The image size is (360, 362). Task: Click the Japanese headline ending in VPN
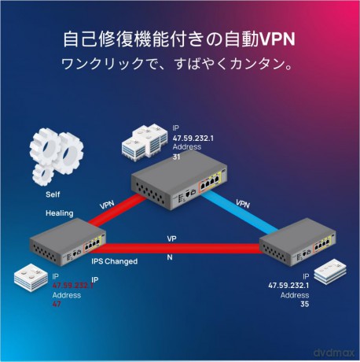[x=179, y=39]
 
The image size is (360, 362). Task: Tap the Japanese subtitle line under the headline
[x=177, y=65]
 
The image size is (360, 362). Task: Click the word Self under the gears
[x=53, y=194]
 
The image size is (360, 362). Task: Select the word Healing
[x=60, y=213]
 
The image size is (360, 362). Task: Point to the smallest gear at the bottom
[x=43, y=175]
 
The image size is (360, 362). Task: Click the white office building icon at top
[x=145, y=143]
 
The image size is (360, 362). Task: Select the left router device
[x=68, y=243]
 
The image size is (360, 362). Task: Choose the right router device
[x=297, y=247]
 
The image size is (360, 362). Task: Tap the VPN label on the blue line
[x=243, y=204]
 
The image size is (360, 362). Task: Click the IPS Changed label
[x=114, y=261]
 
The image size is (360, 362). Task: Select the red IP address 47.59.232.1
[x=73, y=285]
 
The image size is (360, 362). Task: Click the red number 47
[x=57, y=304]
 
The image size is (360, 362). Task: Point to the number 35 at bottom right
[x=305, y=305]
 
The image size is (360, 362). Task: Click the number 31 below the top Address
[x=176, y=157]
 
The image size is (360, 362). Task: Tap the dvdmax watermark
[x=333, y=353]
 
